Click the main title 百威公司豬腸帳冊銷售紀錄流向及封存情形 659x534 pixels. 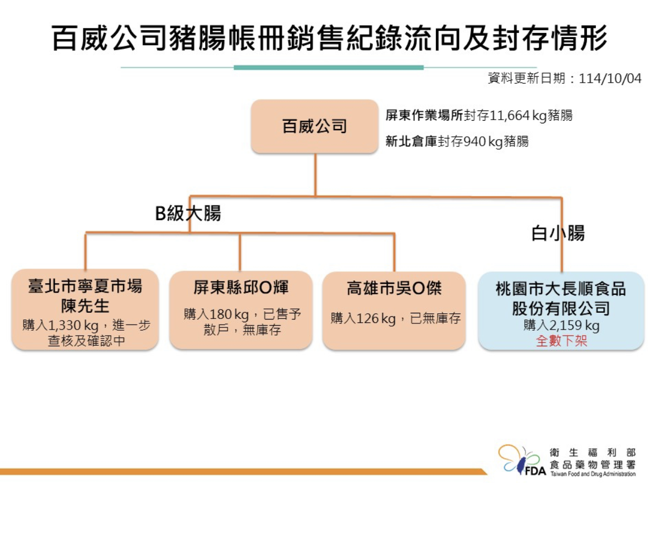click(330, 39)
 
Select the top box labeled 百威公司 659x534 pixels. click(315, 126)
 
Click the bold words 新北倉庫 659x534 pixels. click(411, 142)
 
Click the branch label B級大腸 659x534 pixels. click(188, 213)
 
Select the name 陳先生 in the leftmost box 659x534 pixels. click(85, 306)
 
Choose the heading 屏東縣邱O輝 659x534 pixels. click(241, 288)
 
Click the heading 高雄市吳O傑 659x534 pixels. click(394, 288)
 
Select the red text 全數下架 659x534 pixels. click(561, 341)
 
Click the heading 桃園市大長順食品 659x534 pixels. click(561, 289)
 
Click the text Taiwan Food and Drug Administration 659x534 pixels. click(592, 474)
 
